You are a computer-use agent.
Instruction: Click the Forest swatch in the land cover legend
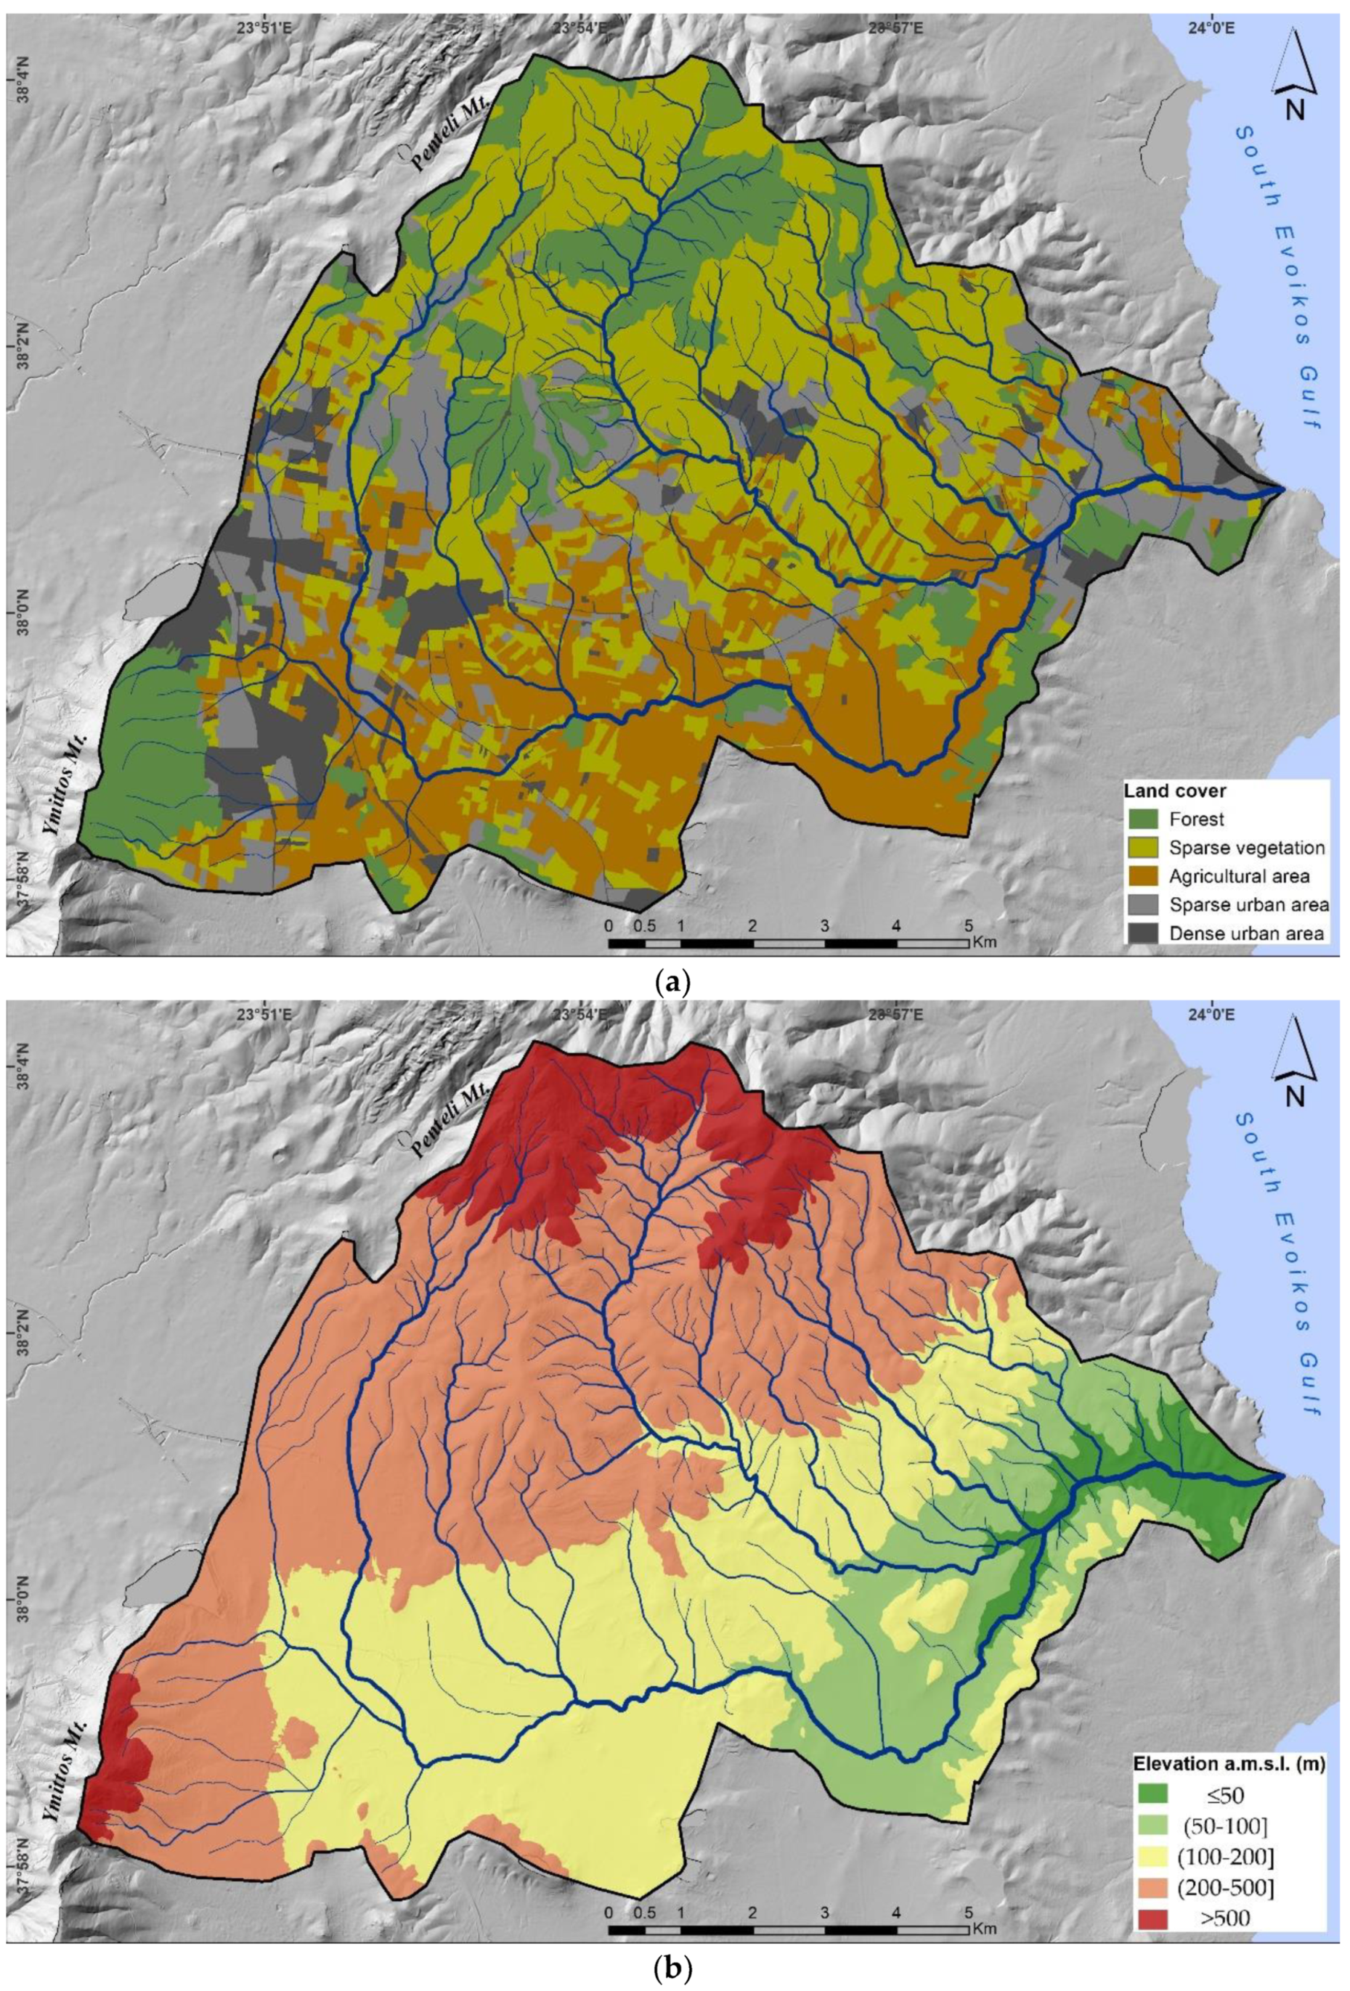[x=1144, y=819]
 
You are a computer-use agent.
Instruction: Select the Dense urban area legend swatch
[x=1144, y=932]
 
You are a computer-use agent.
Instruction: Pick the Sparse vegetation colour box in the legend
[x=1144, y=847]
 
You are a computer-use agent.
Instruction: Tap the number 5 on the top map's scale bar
[x=969, y=926]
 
